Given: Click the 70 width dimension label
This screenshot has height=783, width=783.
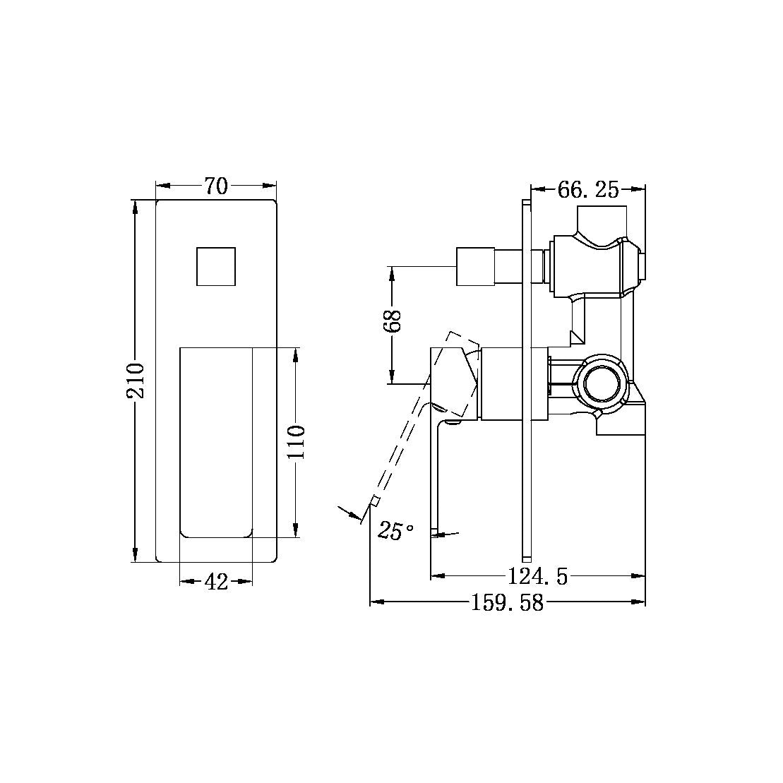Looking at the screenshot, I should click(x=216, y=186).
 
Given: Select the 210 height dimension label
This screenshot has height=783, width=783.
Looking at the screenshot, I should click(x=136, y=381).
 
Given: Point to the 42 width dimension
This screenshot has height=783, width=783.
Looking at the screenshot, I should click(x=216, y=582).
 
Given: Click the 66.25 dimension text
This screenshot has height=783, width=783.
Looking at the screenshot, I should click(x=587, y=189).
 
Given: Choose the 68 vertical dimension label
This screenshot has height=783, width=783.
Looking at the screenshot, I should click(x=393, y=321).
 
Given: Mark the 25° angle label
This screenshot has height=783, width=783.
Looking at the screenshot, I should click(x=396, y=531).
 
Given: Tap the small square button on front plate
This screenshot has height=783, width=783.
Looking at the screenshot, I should click(x=216, y=267).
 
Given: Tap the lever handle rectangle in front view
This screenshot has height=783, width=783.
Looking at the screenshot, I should click(x=216, y=442).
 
